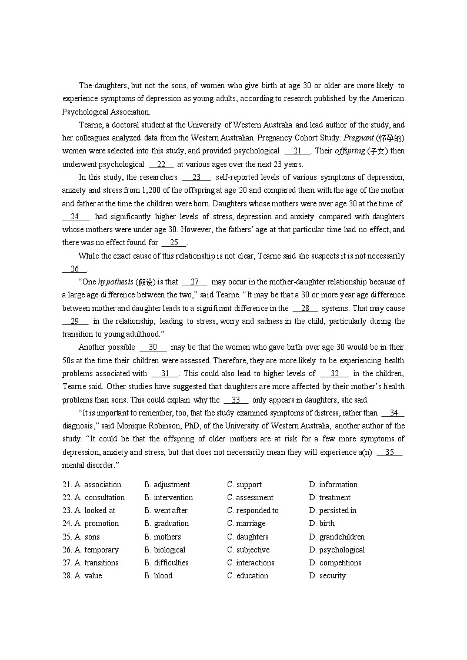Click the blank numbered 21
[297, 151]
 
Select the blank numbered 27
[195, 282]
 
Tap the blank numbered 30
[153, 347]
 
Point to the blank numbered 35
[389, 453]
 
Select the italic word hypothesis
[116, 282]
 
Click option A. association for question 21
[97, 485]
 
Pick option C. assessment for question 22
[250, 498]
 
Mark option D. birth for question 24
[322, 524]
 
